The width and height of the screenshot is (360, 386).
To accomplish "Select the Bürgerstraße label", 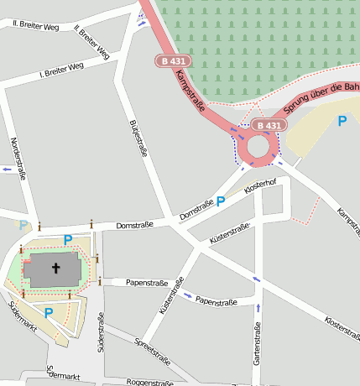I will (139, 139).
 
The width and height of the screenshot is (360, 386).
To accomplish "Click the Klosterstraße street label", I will (342, 331).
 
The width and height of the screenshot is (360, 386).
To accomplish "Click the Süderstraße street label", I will (101, 331).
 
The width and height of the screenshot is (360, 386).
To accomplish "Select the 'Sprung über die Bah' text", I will (321, 99).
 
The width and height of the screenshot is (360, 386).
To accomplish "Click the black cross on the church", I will (57, 269).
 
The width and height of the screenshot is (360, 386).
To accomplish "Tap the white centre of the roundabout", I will (257, 148).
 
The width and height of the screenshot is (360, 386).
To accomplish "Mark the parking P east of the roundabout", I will (342, 121).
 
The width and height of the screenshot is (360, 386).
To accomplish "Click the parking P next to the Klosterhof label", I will (221, 201).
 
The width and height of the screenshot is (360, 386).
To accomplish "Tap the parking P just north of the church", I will (68, 239).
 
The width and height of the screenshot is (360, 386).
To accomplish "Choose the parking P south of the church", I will (49, 313).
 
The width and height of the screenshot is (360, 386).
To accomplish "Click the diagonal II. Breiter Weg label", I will (91, 42).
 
